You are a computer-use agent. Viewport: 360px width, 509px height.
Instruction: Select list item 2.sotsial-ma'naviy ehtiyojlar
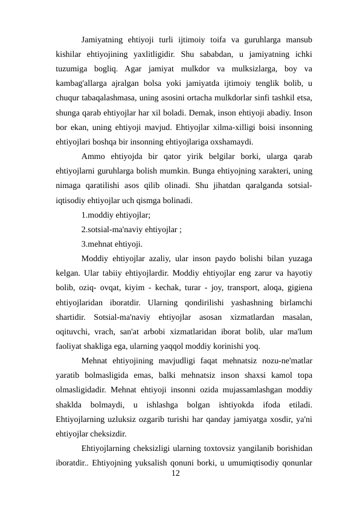pos(132,230)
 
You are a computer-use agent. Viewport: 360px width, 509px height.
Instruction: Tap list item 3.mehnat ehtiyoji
pos(112,245)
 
